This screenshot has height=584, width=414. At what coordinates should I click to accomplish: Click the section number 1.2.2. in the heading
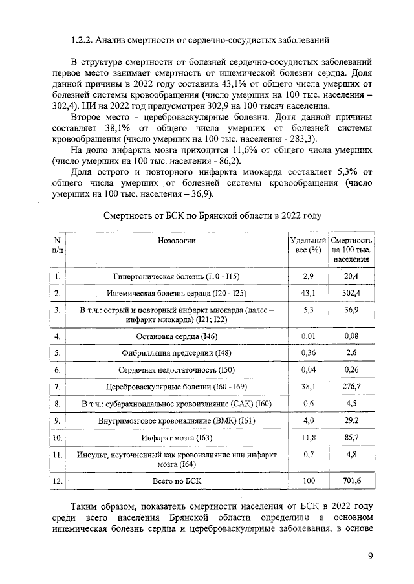pyautogui.click(x=82, y=40)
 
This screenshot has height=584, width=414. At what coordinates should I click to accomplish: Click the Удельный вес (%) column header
pyautogui.click(x=307, y=245)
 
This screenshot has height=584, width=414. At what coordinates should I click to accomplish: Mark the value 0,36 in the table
pyautogui.click(x=307, y=353)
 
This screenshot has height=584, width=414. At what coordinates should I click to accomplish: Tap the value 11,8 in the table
pyautogui.click(x=307, y=438)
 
